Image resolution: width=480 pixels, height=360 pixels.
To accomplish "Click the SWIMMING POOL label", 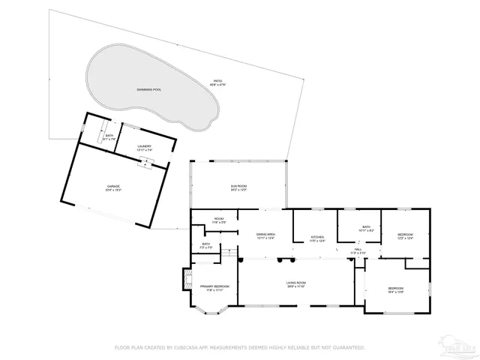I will click(x=148, y=89).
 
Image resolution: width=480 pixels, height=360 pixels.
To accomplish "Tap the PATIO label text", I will click(x=217, y=82).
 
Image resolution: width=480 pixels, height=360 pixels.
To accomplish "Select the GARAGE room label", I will click(x=113, y=187).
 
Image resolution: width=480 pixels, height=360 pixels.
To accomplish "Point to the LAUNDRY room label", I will click(x=145, y=148).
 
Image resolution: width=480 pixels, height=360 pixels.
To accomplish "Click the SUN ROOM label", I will click(x=238, y=187).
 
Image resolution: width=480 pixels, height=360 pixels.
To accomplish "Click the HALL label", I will click(x=358, y=250).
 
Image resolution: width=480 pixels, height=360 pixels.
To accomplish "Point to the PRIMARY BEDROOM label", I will click(x=214, y=288).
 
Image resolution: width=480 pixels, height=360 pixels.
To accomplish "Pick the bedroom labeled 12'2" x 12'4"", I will click(x=405, y=237).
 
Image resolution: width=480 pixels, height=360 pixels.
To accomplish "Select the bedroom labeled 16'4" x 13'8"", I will click(x=396, y=289).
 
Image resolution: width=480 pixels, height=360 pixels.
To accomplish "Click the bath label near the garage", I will click(x=109, y=137).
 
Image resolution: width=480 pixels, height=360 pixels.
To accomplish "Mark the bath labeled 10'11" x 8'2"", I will click(x=366, y=229).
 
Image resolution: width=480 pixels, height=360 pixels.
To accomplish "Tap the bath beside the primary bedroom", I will click(x=205, y=245).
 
